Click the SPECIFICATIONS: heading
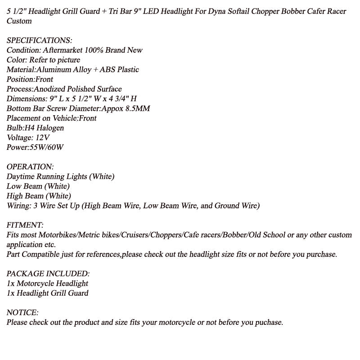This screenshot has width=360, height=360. [x=39, y=40]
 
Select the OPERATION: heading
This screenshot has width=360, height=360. [x=30, y=166]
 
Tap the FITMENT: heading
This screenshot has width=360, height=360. [x=25, y=225]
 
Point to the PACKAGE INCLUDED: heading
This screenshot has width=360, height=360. [x=48, y=274]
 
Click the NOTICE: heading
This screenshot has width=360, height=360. [x=22, y=312]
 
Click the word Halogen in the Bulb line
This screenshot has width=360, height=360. [x=50, y=128]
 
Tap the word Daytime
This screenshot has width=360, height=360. [x=20, y=176]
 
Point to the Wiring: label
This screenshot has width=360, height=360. [x=18, y=206]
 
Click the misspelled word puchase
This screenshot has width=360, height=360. [x=268, y=322]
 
